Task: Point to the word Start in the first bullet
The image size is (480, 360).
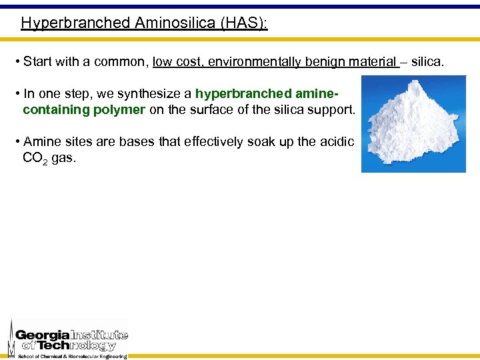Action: click(37, 62)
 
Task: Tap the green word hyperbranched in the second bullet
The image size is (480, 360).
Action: click(235, 94)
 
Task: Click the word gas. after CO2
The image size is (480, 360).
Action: click(64, 158)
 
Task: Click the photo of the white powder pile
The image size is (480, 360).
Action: click(413, 123)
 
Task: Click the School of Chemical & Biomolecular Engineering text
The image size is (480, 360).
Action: click(72, 356)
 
